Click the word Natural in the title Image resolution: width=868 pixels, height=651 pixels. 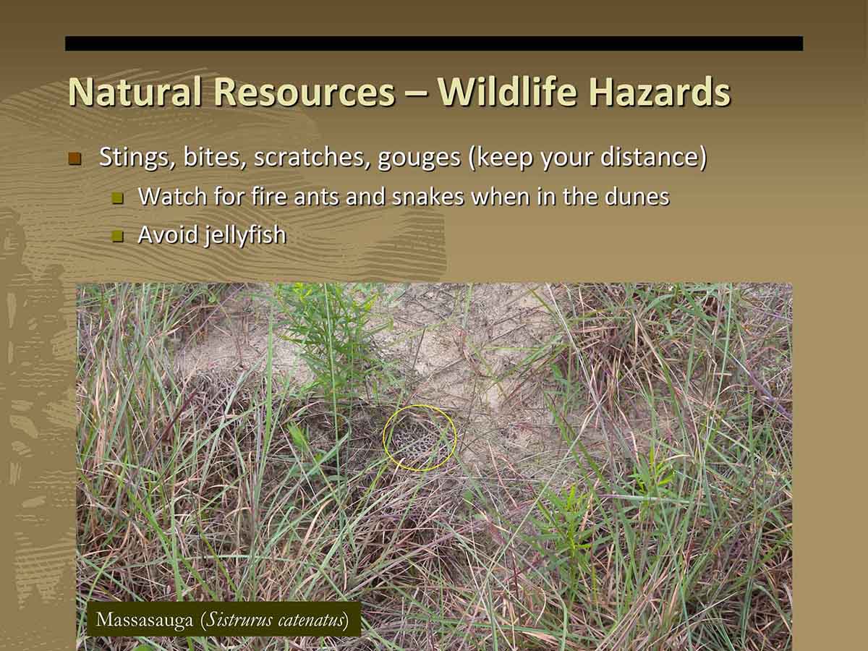(135, 91)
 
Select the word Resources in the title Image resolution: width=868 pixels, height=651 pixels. (304, 92)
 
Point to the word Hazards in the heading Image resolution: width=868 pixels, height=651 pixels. (659, 91)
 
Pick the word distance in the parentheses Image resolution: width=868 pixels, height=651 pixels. (650, 157)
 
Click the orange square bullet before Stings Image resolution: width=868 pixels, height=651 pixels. (75, 158)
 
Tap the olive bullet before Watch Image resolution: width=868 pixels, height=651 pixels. (117, 198)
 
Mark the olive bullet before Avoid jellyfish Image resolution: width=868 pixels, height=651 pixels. (117, 237)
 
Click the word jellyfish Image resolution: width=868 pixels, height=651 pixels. (245, 236)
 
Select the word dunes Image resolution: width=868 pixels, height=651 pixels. (637, 197)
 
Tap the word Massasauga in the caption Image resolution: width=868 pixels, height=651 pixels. (145, 620)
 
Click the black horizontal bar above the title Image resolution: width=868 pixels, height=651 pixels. (434, 43)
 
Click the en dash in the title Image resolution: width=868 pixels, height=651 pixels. (416, 95)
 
